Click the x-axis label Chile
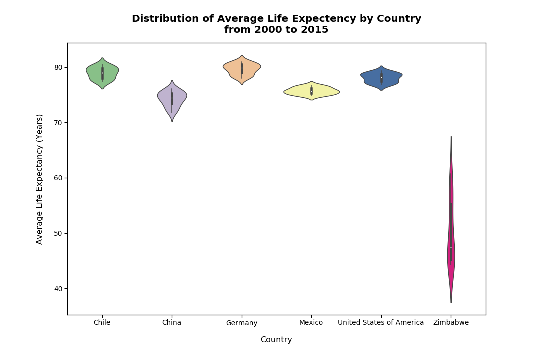pyautogui.click(x=102, y=323)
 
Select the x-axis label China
pyautogui.click(x=172, y=323)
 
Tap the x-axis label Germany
pyautogui.click(x=242, y=323)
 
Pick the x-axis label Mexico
pyautogui.click(x=311, y=323)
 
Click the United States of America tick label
pyautogui.click(x=381, y=323)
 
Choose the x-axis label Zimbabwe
pyautogui.click(x=451, y=323)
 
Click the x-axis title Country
pyautogui.click(x=276, y=340)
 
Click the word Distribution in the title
pyautogui.click(x=165, y=19)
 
